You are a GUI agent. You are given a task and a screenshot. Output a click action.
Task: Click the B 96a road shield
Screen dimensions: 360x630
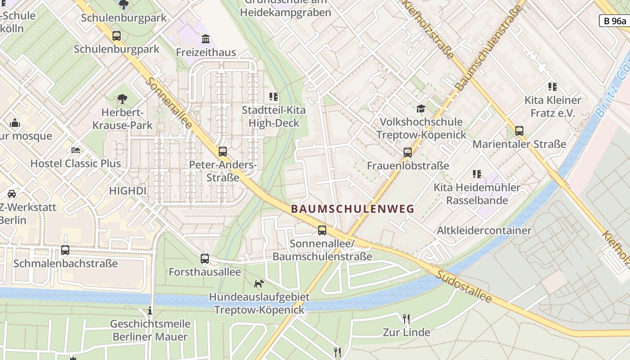614,21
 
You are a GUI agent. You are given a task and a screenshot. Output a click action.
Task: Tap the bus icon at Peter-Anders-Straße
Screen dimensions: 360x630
222,152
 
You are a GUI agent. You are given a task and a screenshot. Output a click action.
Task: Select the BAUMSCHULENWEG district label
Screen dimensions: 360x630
352,209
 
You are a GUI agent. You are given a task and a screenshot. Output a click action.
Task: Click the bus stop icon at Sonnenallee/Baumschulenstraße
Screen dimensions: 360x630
322,230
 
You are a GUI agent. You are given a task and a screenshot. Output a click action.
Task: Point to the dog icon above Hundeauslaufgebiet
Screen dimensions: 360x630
259,283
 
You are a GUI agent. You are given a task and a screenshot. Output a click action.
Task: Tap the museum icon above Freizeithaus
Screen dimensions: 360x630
206,39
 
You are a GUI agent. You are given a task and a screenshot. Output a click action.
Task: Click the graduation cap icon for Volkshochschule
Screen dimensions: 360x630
421,108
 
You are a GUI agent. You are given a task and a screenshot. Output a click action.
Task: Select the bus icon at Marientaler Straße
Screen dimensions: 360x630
519,131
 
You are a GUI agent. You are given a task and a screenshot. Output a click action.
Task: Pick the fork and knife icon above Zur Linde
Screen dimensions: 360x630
406,319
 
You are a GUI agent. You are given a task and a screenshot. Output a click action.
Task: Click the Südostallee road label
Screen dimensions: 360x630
463,286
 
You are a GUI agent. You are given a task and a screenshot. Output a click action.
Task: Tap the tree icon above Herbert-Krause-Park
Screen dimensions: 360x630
122,99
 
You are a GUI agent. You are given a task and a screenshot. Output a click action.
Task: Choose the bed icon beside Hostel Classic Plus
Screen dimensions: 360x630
76,150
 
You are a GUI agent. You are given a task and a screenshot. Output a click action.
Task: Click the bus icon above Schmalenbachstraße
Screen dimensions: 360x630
65,250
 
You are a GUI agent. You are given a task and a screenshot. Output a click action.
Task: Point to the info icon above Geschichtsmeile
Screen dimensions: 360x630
150,310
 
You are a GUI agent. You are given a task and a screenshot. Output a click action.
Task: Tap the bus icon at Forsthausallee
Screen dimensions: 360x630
205,259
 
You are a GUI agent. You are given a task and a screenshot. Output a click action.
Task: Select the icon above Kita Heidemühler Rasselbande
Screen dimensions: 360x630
477,174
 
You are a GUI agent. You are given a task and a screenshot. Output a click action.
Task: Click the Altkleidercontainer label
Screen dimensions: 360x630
484,230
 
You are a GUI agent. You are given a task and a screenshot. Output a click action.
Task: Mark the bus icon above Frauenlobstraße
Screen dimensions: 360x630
408,153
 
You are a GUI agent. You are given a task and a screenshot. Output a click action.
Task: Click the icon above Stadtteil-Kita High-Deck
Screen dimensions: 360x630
273,96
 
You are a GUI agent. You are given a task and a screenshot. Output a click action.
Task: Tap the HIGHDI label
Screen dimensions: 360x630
127,191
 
